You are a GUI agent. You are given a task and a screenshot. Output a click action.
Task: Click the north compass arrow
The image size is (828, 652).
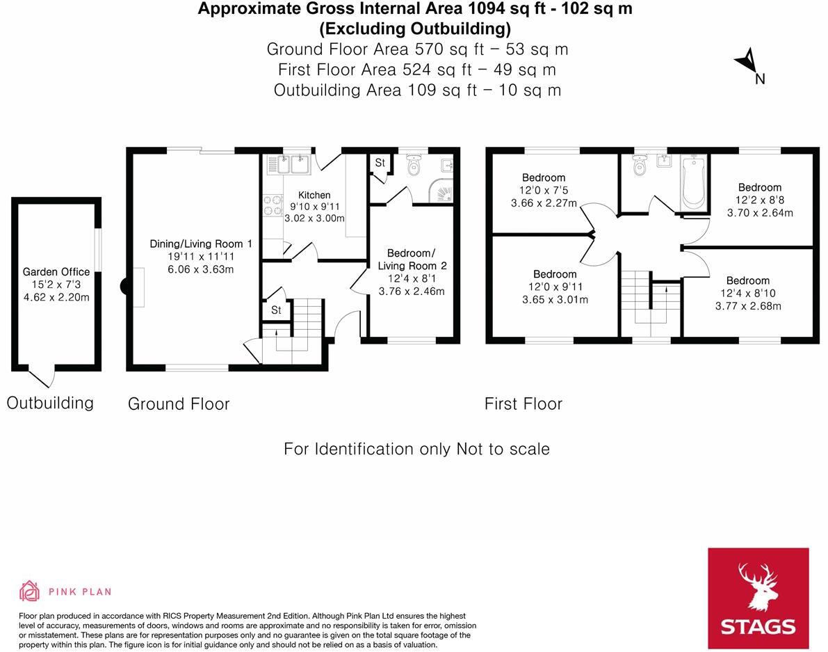pos(747,62)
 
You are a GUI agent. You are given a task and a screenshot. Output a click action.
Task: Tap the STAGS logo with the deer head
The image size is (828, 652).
pos(758,598)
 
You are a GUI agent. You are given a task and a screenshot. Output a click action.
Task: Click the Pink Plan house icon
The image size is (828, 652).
pos(29,591)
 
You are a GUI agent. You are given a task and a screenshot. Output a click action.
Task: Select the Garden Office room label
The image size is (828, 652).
pos(56,272)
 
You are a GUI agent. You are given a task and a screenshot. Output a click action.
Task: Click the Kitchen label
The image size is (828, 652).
pos(314,195)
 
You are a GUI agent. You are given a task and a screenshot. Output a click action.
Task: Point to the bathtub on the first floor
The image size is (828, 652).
pos(693,182)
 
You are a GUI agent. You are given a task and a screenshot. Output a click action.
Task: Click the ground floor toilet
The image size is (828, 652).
pos(414,166)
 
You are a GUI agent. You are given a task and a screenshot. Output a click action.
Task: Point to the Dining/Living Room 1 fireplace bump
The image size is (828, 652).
pos(125,286)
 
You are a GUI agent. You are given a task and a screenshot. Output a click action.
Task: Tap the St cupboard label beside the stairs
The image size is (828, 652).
pos(275,310)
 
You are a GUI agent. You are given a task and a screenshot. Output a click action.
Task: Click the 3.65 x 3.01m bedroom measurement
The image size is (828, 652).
pos(555,300)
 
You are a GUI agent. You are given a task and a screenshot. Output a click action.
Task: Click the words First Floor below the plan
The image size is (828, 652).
pos(523,404)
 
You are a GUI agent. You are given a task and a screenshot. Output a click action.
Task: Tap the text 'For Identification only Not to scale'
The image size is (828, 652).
pos(416,449)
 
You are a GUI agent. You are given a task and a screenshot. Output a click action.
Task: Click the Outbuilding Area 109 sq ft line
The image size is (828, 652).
pos(416,90)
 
